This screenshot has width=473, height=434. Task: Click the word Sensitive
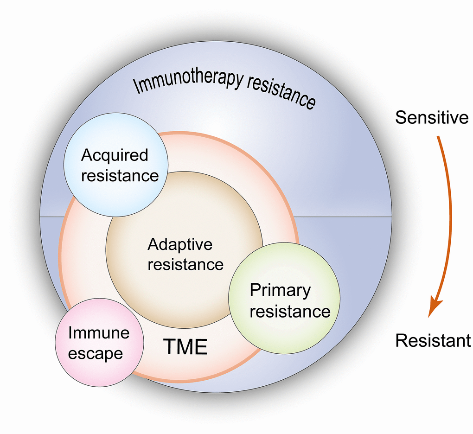point(432,117)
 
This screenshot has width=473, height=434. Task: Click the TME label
point(185,346)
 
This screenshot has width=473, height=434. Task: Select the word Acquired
point(115,156)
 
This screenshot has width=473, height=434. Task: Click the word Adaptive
point(180,245)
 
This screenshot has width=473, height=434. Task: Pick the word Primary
point(280,291)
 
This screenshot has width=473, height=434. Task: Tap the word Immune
point(99,333)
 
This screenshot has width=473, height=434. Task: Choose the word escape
point(96,353)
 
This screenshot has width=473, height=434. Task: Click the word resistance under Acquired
point(120,176)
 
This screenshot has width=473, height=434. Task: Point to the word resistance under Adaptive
point(185,264)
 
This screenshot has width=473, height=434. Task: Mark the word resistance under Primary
point(290,311)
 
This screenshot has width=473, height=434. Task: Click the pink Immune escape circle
point(99,342)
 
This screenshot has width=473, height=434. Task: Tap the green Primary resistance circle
point(284,298)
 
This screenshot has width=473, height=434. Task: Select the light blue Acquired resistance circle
point(116,165)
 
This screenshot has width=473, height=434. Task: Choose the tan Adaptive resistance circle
point(184,250)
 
